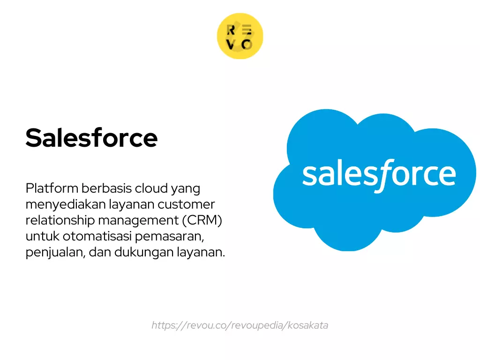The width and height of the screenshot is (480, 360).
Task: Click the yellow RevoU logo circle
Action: click(240, 36)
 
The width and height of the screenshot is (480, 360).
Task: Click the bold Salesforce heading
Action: click(91, 138)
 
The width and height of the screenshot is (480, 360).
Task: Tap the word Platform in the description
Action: click(52, 188)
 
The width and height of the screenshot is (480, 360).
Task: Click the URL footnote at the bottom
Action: click(240, 325)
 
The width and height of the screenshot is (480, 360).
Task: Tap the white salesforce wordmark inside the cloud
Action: click(379, 174)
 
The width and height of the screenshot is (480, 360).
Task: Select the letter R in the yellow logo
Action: click(231, 30)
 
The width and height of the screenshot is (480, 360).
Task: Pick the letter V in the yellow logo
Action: click(231, 45)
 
